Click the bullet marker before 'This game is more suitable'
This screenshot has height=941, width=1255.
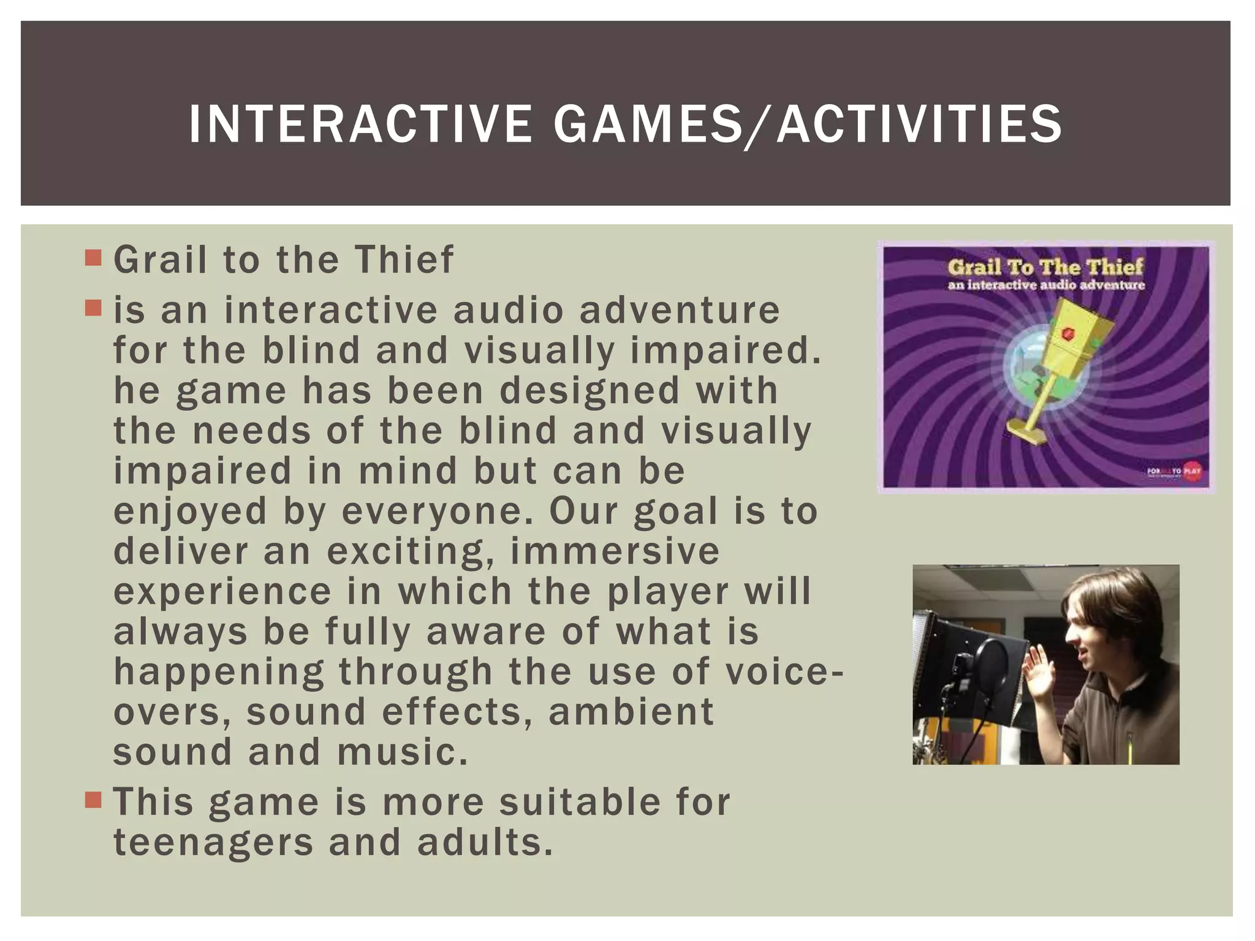[x=93, y=799]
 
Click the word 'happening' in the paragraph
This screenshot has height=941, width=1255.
[x=219, y=672]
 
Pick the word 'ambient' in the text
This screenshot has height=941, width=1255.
[x=631, y=712]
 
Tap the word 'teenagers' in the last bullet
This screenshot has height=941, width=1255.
[x=213, y=842]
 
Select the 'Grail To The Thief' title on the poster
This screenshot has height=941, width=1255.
[x=1045, y=266]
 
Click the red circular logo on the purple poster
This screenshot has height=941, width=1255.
[x=1192, y=471]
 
